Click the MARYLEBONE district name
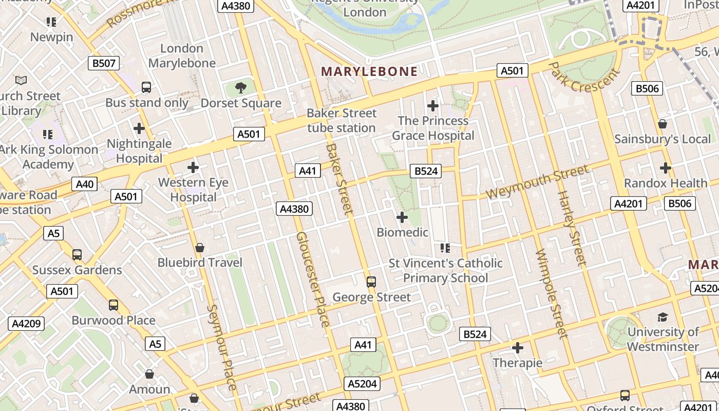click(x=369, y=71)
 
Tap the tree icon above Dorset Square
click(x=240, y=88)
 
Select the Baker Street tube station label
click(x=342, y=120)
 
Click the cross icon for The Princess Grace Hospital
click(x=433, y=106)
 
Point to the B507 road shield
click(x=103, y=63)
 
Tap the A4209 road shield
click(x=26, y=324)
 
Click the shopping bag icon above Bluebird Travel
click(x=200, y=248)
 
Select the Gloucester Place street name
click(x=312, y=279)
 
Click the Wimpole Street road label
click(x=550, y=294)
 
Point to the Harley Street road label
click(x=572, y=229)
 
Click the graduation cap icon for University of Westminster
click(x=663, y=317)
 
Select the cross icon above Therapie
click(x=518, y=348)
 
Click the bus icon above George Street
click(x=371, y=282)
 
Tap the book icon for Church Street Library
click(x=21, y=81)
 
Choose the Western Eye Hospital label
click(x=193, y=190)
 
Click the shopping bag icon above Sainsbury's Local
click(x=663, y=124)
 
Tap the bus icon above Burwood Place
click(x=113, y=305)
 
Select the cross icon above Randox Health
click(x=666, y=168)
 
